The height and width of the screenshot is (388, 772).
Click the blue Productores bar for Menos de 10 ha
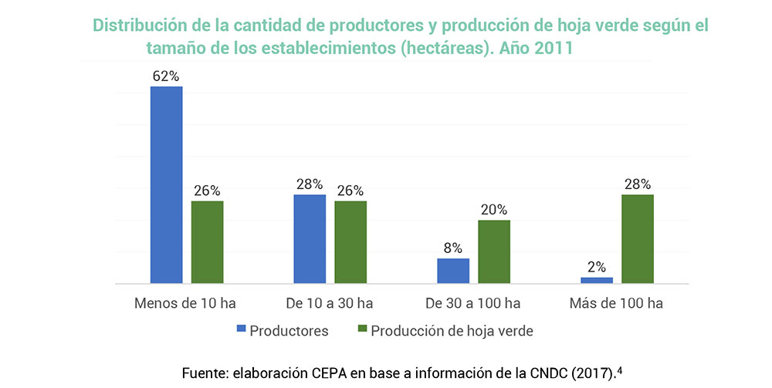[166, 185]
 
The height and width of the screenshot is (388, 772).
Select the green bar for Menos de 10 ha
[207, 242]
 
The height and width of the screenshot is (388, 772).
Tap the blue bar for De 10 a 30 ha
[310, 239]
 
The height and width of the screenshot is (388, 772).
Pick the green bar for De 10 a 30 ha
[350, 242]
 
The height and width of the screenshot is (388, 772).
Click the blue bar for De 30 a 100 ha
[453, 271]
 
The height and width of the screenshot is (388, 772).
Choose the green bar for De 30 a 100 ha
[494, 252]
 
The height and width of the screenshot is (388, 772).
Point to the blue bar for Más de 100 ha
[597, 280]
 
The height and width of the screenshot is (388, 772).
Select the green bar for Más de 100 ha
[638, 239]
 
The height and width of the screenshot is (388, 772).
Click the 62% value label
[166, 76]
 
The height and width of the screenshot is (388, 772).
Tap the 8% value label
[453, 248]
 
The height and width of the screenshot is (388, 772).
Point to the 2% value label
[597, 267]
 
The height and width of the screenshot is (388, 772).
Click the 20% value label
[494, 210]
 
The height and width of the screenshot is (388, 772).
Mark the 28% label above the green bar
[638, 184]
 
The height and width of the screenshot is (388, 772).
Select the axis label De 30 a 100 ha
[473, 303]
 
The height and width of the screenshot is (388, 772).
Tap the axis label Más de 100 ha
[616, 303]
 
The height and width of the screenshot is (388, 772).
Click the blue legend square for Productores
[242, 330]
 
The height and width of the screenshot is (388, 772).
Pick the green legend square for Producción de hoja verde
[363, 330]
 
